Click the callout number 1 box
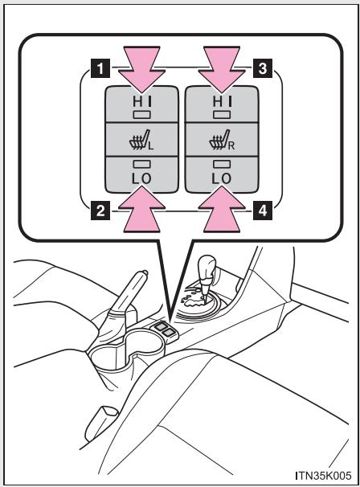[x=100, y=68]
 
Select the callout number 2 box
[x=100, y=211]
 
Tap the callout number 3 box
[x=263, y=68]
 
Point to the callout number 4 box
[x=263, y=211]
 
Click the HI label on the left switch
[x=141, y=101]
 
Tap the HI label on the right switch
[x=222, y=101]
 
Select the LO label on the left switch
[x=141, y=178]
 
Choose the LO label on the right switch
[x=222, y=178]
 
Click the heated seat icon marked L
[x=141, y=141]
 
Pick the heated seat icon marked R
[x=222, y=141]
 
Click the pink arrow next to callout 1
[x=141, y=70]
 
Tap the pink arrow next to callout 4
[x=222, y=209]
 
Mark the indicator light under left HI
[x=141, y=115]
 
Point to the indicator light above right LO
[x=222, y=164]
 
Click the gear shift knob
[x=207, y=267]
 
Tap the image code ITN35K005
[x=323, y=475]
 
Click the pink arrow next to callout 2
[x=141, y=209]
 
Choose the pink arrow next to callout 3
[x=222, y=70]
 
